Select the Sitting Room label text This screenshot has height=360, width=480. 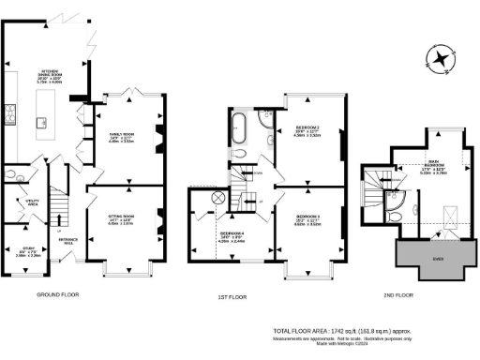coord(120,220)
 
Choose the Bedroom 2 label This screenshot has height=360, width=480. coord(308,129)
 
